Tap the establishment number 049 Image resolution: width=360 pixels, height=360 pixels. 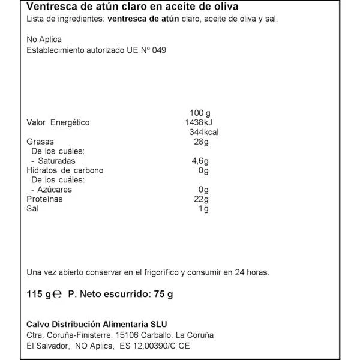(157, 51)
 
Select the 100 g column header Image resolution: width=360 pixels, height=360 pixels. (200, 113)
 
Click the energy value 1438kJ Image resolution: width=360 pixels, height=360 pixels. (200, 122)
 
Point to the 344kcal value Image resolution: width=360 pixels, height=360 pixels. (201, 132)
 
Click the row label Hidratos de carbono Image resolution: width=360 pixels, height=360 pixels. (65, 170)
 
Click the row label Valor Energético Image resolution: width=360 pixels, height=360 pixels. (58, 122)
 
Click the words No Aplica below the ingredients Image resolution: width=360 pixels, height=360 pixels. (44, 40)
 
